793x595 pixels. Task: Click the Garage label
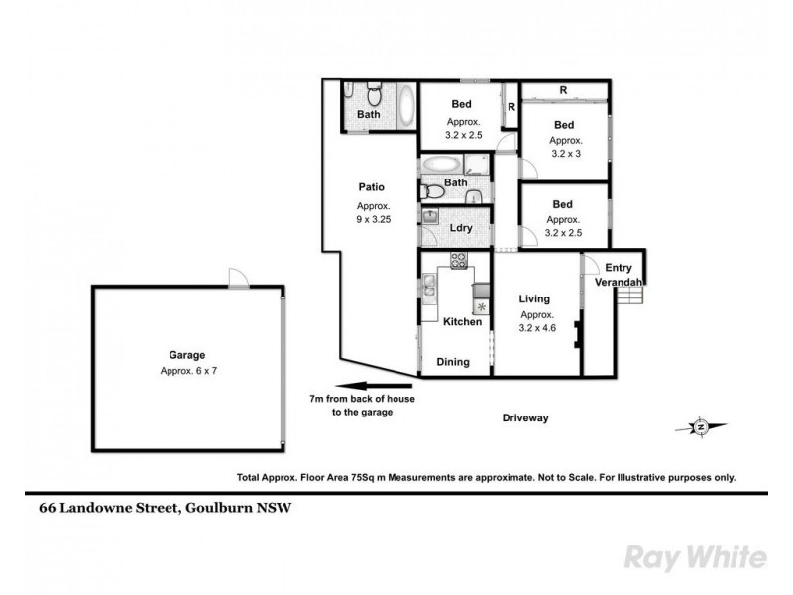click(x=186, y=355)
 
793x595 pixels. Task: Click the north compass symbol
click(x=700, y=427)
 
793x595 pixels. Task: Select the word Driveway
click(x=524, y=418)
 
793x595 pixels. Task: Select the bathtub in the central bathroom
click(x=441, y=165)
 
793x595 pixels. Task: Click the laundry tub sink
click(x=430, y=217)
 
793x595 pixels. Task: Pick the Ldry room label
click(x=459, y=228)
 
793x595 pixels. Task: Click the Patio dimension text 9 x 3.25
click(x=372, y=220)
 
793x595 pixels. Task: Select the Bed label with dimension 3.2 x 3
click(x=564, y=125)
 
